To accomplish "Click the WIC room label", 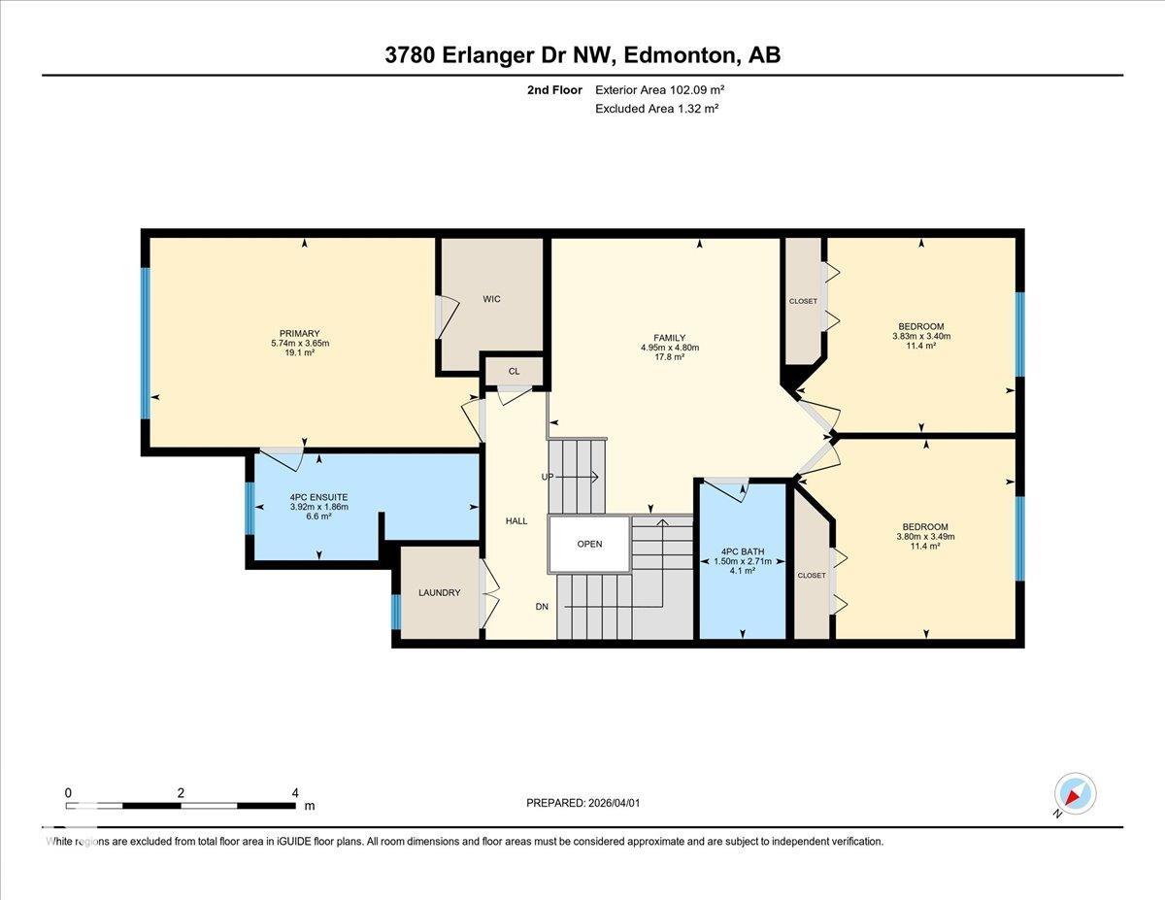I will (491, 299).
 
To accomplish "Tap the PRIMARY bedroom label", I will (300, 334).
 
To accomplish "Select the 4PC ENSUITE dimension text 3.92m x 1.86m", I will (318, 507).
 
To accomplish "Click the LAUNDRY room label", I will (439, 593).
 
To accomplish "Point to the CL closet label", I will (514, 371).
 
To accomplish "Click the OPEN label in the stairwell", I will (589, 544).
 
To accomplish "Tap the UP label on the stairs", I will (548, 477).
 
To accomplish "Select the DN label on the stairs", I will (544, 606).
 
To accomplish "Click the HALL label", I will (516, 521).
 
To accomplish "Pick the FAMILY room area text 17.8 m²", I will (670, 357).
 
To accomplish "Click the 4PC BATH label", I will (742, 551).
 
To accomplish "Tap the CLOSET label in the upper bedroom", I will (803, 301).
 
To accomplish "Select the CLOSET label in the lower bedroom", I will (811, 576).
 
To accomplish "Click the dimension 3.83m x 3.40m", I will (921, 337).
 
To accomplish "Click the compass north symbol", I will (1075, 794).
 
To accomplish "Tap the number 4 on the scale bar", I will (295, 792).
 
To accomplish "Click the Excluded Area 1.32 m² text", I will (656, 109).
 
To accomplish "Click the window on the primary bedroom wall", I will (146, 343).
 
